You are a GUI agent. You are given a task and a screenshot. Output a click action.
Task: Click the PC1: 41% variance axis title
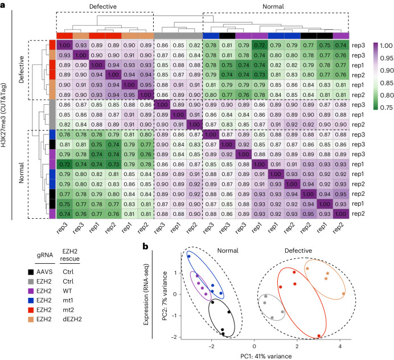(253, 355)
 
